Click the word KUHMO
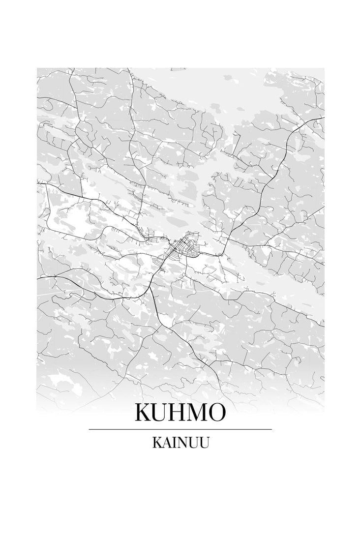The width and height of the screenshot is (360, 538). point(180,413)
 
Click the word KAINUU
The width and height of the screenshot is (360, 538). point(181,443)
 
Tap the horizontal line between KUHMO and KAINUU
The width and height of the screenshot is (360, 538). point(180,429)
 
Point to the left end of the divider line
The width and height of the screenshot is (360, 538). point(89,429)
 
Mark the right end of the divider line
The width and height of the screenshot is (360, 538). point(271,429)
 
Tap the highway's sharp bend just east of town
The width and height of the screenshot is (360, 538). point(222,251)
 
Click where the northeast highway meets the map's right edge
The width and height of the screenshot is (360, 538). point(323,118)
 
